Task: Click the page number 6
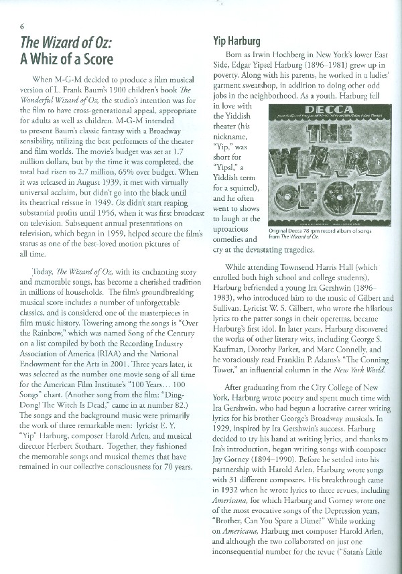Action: [23, 26]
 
